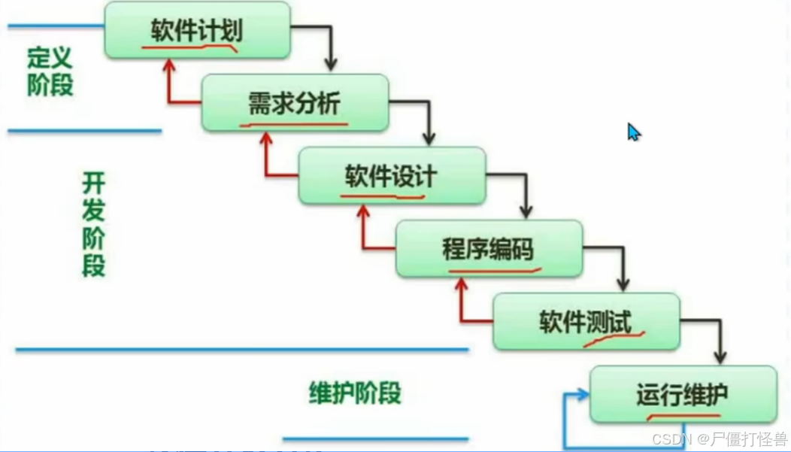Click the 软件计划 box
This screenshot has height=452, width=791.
(197, 30)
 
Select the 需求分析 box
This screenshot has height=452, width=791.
(294, 102)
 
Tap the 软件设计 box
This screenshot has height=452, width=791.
(391, 176)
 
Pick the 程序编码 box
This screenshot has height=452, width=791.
(489, 248)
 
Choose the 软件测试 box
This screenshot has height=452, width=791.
(586, 322)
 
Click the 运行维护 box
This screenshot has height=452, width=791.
(683, 394)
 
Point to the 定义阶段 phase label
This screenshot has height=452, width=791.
(50, 72)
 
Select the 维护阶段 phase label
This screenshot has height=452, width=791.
(355, 393)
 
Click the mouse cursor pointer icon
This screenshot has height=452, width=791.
(633, 132)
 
